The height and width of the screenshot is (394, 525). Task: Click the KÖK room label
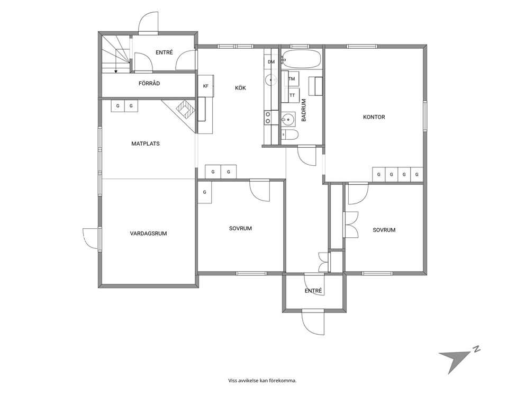click(x=240, y=88)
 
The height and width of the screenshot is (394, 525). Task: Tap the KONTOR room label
click(x=374, y=117)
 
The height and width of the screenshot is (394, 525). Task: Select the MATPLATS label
click(x=146, y=144)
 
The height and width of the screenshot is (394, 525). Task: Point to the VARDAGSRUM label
click(x=148, y=234)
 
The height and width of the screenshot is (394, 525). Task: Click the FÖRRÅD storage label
click(x=149, y=84)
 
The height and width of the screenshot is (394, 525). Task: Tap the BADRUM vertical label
click(x=304, y=110)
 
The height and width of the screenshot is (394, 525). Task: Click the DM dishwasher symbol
click(x=271, y=61)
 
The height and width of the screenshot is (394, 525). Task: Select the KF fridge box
click(x=206, y=86)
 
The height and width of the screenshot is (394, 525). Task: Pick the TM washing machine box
click(x=291, y=79)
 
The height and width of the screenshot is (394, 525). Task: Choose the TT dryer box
click(x=292, y=95)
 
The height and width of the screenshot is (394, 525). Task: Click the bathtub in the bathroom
click(x=301, y=60)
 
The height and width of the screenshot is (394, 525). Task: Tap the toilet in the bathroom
click(x=289, y=135)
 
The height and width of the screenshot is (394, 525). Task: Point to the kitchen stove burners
click(x=268, y=117)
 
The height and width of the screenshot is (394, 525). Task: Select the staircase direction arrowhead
click(x=115, y=71)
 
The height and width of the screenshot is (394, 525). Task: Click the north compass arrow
click(x=454, y=361)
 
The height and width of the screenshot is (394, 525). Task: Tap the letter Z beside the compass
click(x=476, y=349)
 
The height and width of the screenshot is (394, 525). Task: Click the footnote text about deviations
click(x=262, y=380)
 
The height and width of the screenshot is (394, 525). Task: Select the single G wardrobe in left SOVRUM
click(x=205, y=192)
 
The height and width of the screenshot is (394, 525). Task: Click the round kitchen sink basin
click(x=270, y=80)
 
